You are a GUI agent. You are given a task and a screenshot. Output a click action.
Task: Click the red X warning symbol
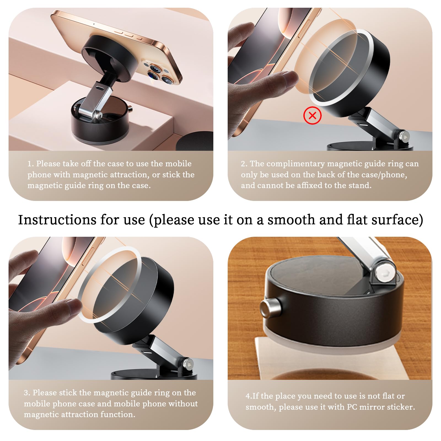[x=312, y=115]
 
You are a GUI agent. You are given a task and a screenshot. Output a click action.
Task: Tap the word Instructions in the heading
[x=57, y=220]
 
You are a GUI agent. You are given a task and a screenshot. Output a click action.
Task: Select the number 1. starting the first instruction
[x=31, y=164]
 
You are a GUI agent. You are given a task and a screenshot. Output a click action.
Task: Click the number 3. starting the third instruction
[x=27, y=393]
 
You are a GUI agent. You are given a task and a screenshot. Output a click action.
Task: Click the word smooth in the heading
[x=291, y=220]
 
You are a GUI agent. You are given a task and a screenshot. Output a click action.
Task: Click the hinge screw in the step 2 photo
[x=404, y=136]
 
